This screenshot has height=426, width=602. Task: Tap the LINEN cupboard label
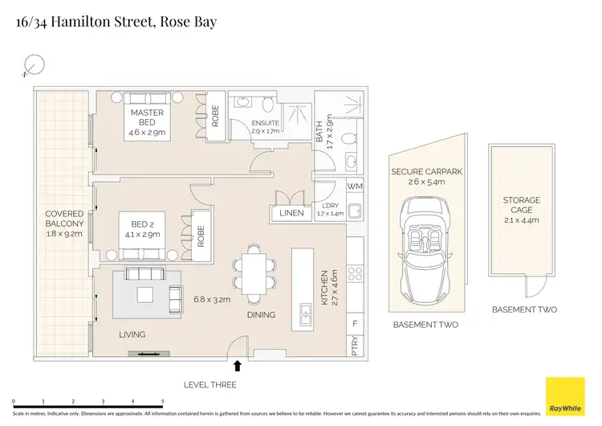pyautogui.click(x=291, y=213)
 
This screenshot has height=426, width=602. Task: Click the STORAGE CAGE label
pyautogui.click(x=522, y=206)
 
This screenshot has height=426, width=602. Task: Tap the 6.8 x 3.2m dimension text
pyautogui.click(x=212, y=299)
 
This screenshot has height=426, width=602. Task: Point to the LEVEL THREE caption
pyautogui.click(x=209, y=385)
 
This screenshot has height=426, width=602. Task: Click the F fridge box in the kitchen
pyautogui.click(x=356, y=323)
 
